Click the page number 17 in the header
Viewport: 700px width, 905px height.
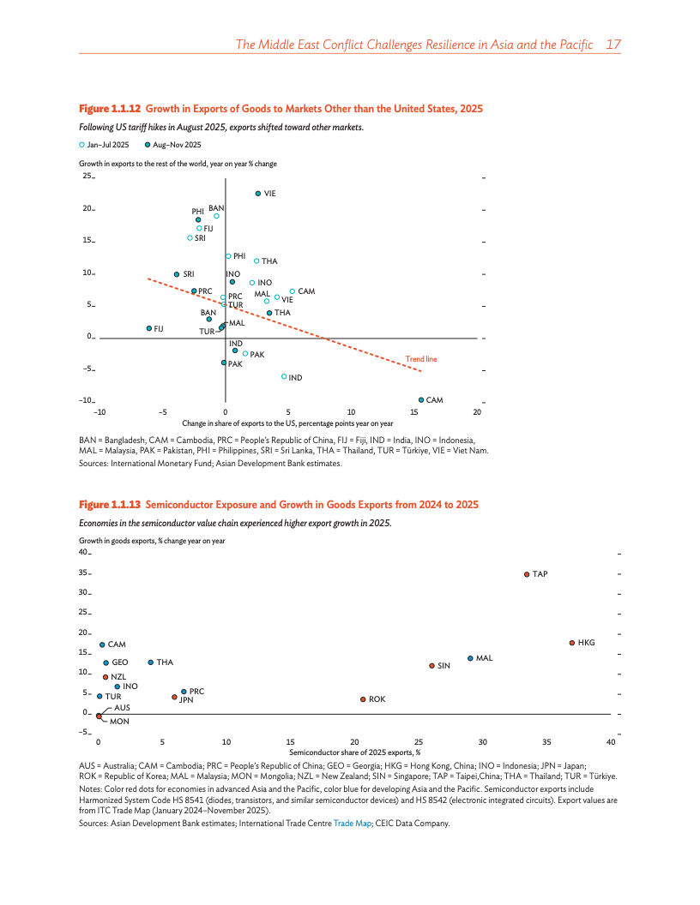click(612, 44)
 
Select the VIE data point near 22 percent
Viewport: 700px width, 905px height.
click(258, 194)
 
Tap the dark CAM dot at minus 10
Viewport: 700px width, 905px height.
click(421, 400)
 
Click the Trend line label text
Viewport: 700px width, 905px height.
click(421, 359)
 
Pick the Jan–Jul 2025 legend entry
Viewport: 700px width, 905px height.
click(104, 145)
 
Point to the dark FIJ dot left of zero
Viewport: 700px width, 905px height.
click(149, 328)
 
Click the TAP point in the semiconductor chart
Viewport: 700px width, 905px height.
click(527, 574)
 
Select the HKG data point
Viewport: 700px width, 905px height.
click(571, 643)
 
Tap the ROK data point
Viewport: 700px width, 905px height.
click(363, 699)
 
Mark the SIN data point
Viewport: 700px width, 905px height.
click(431, 665)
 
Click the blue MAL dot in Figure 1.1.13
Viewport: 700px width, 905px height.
click(470, 658)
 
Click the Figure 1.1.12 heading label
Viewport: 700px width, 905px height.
click(110, 109)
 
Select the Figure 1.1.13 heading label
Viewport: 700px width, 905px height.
click(110, 505)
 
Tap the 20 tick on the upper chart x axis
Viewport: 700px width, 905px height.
click(477, 412)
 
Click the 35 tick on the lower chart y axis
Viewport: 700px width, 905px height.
click(85, 573)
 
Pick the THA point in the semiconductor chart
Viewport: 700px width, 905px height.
click(151, 662)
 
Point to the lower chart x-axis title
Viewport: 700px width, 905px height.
click(354, 752)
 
